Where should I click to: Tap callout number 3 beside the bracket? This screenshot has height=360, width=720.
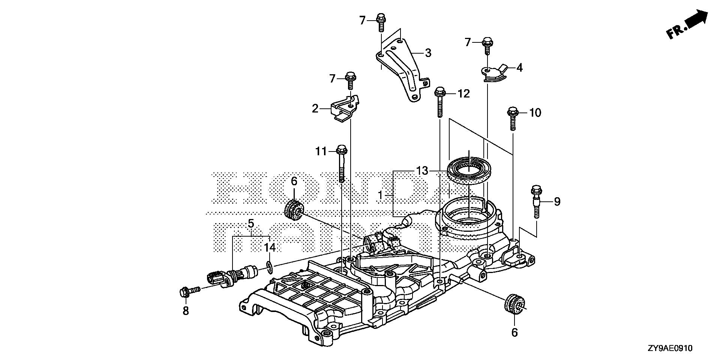(x=428, y=53)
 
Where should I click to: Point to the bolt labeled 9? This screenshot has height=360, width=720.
(x=535, y=201)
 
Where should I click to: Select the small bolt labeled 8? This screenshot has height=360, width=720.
(x=189, y=292)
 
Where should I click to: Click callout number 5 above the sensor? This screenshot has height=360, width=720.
(x=251, y=224)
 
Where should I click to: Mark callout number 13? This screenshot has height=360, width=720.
(x=422, y=171)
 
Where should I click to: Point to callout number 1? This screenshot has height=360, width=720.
(x=380, y=195)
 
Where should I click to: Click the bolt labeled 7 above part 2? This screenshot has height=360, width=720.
(x=351, y=80)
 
